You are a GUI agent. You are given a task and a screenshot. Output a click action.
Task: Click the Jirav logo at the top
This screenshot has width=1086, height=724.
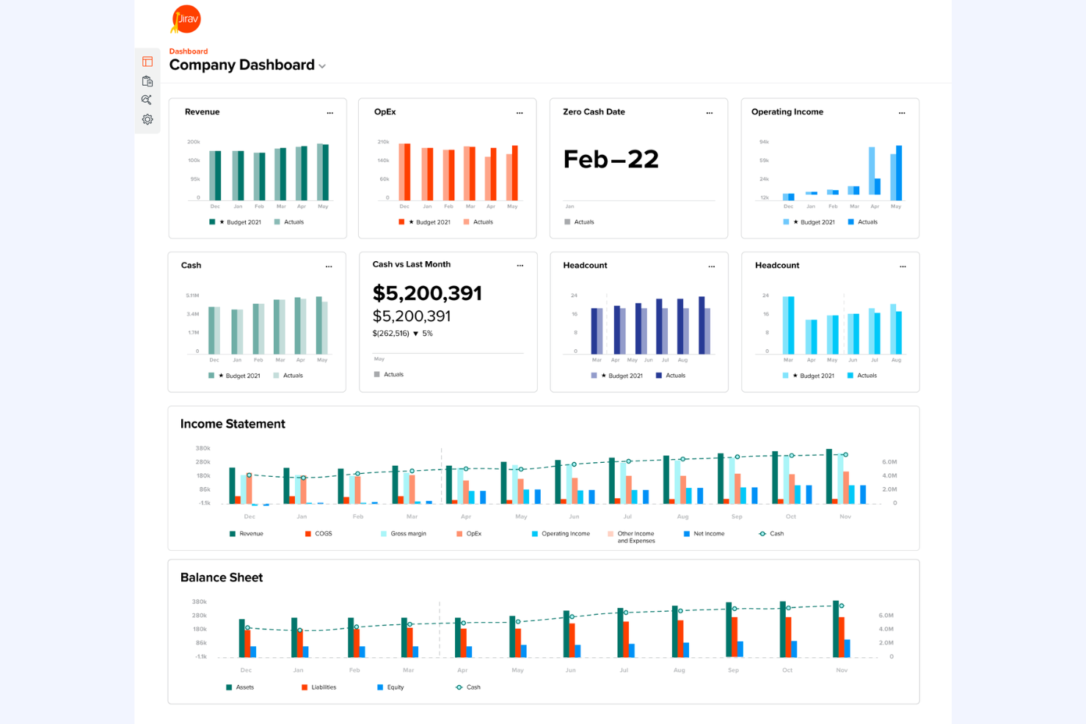click(x=186, y=19)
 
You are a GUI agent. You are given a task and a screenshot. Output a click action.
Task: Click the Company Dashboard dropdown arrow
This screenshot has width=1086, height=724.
click(x=322, y=67)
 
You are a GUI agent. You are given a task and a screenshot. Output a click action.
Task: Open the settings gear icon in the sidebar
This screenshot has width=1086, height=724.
click(x=147, y=120)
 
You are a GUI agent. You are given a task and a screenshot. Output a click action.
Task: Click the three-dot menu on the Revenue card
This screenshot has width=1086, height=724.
click(x=330, y=113)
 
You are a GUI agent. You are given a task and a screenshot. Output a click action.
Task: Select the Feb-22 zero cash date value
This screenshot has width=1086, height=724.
click(x=611, y=159)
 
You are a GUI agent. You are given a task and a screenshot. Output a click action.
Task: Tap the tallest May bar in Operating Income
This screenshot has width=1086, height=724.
click(x=899, y=173)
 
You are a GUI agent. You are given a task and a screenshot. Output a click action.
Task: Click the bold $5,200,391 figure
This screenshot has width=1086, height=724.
click(x=427, y=293)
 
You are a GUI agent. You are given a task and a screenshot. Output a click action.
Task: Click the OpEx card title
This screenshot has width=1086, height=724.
click(x=385, y=112)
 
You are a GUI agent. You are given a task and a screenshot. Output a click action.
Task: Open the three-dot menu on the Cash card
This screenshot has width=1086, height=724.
click(x=329, y=266)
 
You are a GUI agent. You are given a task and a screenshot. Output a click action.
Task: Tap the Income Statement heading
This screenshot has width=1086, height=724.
click(x=233, y=424)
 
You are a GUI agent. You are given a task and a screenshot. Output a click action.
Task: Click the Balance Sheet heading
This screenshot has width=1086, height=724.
click(x=222, y=578)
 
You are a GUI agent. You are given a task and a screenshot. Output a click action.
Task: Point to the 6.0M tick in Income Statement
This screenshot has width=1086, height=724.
click(x=889, y=462)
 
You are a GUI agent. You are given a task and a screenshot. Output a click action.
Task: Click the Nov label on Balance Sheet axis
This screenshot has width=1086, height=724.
click(x=842, y=670)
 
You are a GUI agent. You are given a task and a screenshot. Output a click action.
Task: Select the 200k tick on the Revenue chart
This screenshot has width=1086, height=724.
click(x=194, y=142)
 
